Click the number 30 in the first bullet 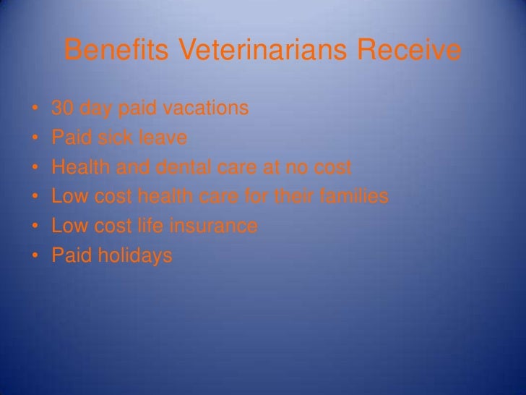63,109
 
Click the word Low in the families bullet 68,197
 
